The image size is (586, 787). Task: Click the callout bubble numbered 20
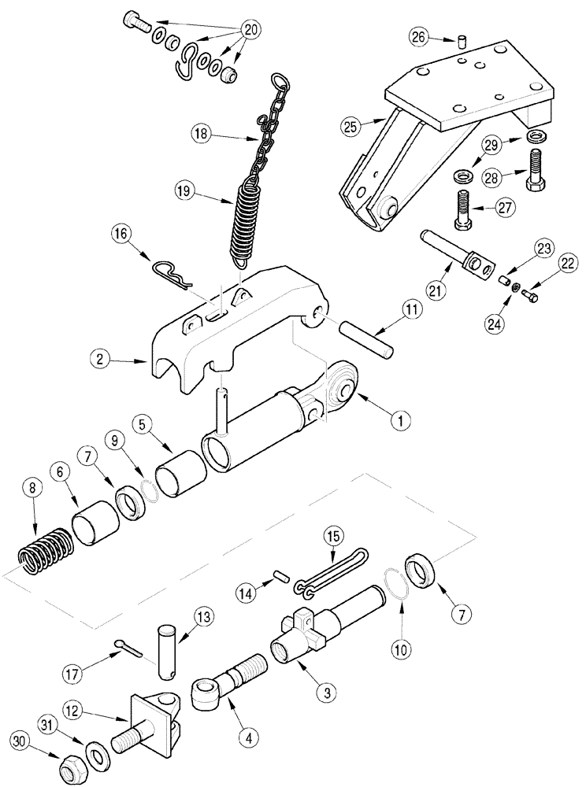pyautogui.click(x=250, y=30)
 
